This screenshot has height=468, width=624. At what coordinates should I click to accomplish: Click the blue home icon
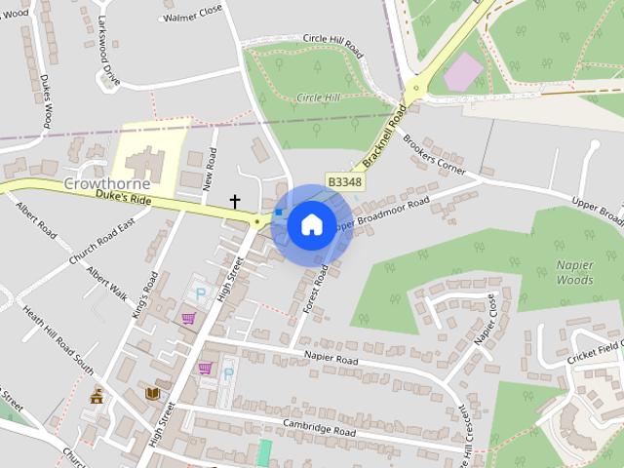click(x=311, y=224)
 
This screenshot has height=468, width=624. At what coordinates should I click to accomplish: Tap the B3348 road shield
click(x=344, y=182)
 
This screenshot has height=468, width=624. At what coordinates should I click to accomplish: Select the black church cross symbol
click(x=234, y=202)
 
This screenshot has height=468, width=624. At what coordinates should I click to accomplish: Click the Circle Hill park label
click(x=318, y=97)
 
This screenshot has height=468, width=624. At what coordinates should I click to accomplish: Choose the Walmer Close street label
click(x=194, y=17)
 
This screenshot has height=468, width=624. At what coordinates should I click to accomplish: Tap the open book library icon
click(x=152, y=394)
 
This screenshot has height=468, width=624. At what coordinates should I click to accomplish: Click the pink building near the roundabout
click(x=463, y=69)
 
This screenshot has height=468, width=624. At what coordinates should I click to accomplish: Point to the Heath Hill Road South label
click(x=59, y=341)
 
